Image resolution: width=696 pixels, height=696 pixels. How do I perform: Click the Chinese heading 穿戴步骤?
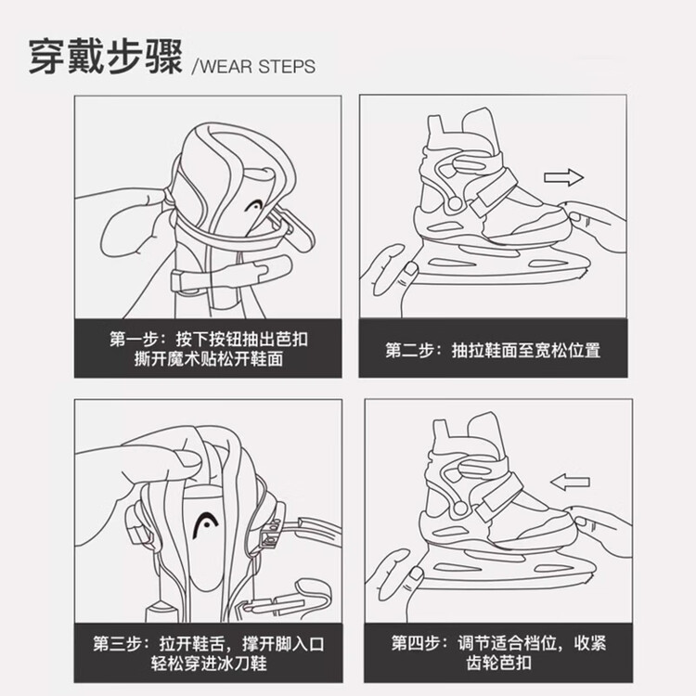pos(106,58)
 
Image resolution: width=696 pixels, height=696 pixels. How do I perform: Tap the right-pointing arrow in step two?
pos(563,177)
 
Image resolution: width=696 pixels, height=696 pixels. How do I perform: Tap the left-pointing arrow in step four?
pos(570,482)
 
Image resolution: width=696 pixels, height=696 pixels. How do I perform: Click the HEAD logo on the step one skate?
pos(254,206)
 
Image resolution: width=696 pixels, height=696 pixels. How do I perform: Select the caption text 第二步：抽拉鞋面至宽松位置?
pos(493,350)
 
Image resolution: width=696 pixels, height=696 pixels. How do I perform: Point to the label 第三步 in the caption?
pos(117,644)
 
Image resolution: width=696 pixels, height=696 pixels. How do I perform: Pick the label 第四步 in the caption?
pos(416,643)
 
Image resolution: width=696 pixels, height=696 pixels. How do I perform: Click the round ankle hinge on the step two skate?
pos(455,204)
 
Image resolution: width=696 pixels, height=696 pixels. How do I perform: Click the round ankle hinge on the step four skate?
pos(460,508)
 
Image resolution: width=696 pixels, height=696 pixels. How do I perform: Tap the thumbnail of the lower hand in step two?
pos(410,269)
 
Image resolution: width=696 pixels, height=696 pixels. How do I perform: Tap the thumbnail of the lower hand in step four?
pos(417,574)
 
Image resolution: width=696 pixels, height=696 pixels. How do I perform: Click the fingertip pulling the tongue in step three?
pos(188,458)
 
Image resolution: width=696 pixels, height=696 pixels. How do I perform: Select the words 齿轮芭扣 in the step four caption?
pos(498,663)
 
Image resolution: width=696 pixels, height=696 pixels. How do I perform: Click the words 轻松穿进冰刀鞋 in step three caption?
pos(209,664)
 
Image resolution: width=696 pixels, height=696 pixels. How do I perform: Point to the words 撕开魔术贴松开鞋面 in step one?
pos(209,358)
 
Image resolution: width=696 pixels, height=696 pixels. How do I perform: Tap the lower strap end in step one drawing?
pos(271,268)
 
